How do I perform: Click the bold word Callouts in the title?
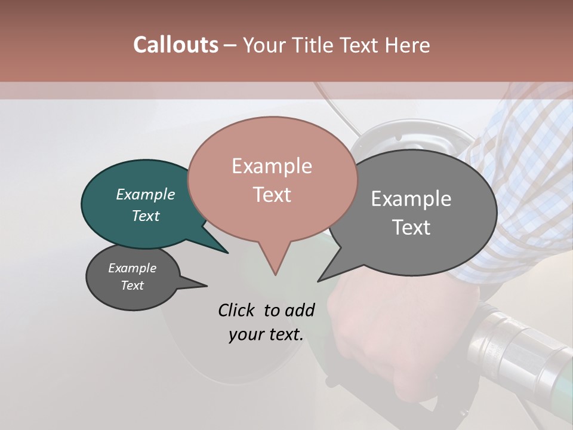pos(175,45)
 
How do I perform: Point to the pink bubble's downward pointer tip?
pos(275,274)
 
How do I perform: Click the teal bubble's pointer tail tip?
pos(227,253)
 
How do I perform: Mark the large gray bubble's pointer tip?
pos(319,281)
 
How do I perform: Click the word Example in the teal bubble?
pos(145,194)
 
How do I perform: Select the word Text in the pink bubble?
pos(272,195)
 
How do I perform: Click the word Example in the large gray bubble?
pos(411,199)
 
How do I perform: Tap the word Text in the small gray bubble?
pos(133,285)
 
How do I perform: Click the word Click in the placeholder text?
pos(236,310)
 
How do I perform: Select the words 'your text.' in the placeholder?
pos(266,334)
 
